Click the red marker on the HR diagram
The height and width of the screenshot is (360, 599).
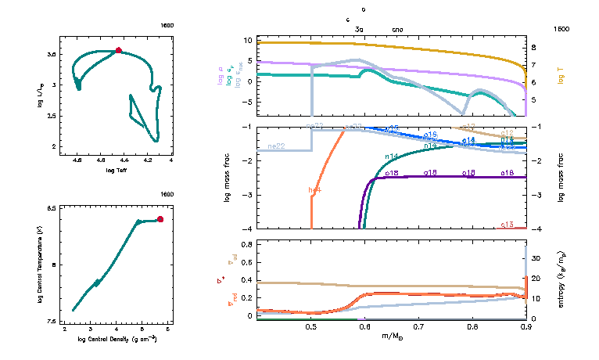point(118,50)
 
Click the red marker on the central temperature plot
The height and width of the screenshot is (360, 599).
point(160,219)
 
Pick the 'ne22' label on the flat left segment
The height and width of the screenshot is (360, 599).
point(275,146)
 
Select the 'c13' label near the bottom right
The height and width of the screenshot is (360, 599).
point(507,225)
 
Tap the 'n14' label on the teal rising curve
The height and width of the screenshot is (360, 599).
point(392,157)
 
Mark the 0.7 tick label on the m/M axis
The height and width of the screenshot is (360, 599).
point(418,326)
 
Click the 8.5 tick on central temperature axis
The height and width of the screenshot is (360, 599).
point(52,208)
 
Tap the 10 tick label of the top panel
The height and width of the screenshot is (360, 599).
point(247,40)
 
